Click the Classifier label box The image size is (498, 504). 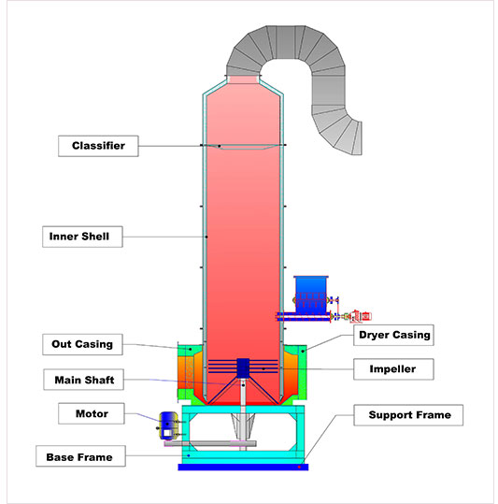point(98,146)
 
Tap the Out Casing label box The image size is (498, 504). point(82,344)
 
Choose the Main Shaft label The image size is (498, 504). point(84,380)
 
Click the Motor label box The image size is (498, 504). point(92,413)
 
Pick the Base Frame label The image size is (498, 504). point(80,456)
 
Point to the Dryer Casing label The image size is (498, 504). point(393,335)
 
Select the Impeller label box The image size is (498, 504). point(393,369)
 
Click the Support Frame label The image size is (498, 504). point(408,415)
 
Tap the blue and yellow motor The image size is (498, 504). point(168,425)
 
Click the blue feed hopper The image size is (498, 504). point(311,295)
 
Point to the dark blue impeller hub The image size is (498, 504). point(243,368)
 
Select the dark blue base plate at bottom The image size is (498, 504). point(243,467)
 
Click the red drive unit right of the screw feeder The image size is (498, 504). point(361,316)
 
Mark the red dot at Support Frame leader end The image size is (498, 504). point(299,467)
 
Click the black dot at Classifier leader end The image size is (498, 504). point(220,146)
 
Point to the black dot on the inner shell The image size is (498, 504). point(206,237)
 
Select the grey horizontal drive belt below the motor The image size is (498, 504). point(210,444)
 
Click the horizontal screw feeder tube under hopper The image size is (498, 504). point(304,317)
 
